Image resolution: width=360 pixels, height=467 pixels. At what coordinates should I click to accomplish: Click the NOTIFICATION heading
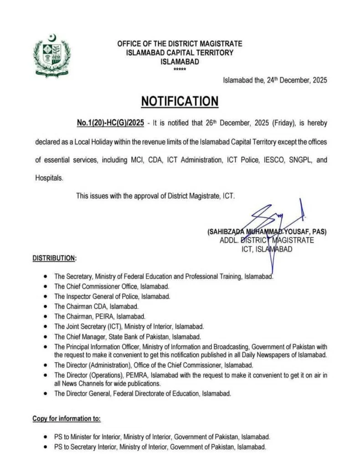(180, 101)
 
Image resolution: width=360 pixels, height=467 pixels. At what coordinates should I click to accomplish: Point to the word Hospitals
(49, 178)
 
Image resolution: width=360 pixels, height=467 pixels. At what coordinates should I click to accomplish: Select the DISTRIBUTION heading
(54, 258)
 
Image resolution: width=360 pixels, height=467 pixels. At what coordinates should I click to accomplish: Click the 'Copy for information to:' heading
(67, 418)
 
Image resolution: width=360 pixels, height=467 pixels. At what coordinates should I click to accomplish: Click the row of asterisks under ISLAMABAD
(180, 69)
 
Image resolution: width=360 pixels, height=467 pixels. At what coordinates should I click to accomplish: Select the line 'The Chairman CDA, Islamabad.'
(96, 306)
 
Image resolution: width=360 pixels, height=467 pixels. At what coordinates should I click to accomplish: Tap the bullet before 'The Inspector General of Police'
(46, 296)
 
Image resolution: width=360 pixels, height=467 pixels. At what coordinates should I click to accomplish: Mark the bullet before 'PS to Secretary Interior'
(46, 446)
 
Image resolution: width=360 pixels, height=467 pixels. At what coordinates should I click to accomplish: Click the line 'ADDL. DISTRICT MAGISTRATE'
(267, 240)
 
